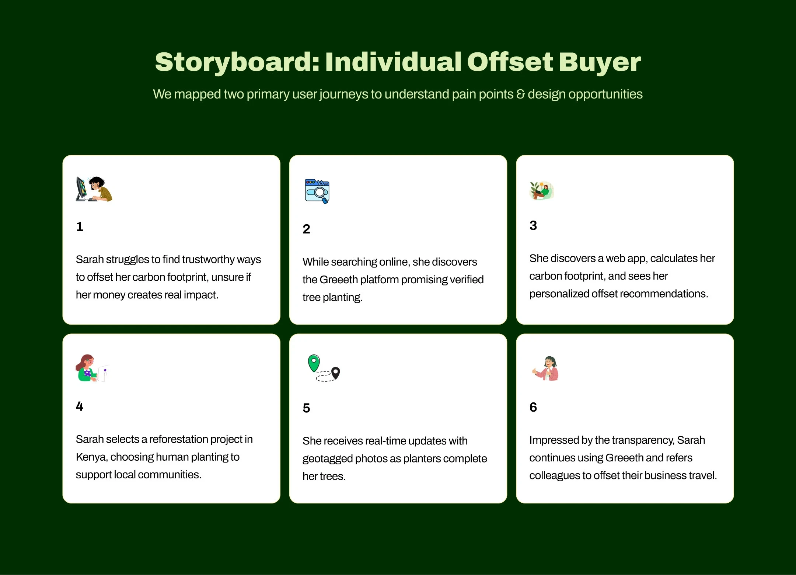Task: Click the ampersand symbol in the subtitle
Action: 520,94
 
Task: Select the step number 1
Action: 80,226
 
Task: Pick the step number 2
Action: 306,229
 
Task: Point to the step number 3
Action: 533,225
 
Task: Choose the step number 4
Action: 80,406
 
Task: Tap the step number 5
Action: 306,408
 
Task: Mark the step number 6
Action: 533,407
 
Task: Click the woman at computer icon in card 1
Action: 94,189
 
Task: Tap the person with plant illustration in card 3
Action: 542,191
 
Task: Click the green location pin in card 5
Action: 314,363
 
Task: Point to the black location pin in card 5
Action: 335,373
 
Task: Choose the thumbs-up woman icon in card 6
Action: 546,368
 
